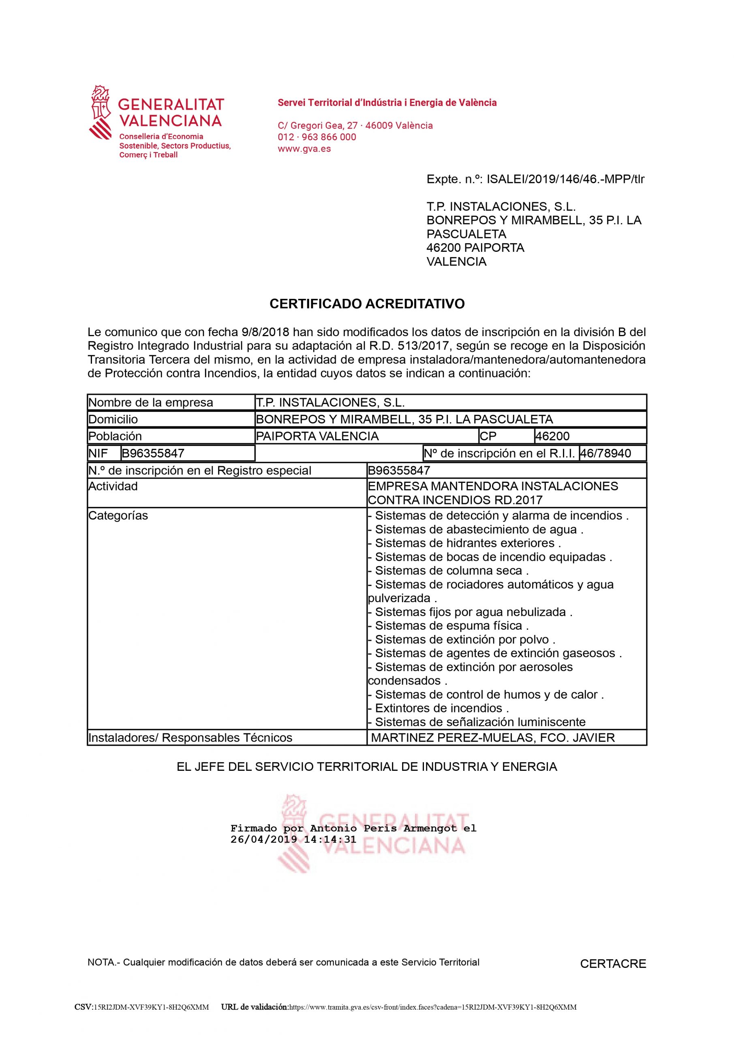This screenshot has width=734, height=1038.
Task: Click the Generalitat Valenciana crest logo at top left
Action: click(101, 112)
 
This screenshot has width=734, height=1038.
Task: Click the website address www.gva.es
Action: click(304, 149)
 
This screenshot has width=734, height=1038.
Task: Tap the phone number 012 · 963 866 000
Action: click(317, 137)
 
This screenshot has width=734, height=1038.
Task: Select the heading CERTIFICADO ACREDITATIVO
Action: click(367, 303)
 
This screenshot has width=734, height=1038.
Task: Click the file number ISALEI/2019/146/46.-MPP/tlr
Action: click(565, 180)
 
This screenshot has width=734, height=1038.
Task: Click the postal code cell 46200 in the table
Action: click(552, 436)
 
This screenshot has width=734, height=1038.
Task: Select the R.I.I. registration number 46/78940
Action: click(606, 453)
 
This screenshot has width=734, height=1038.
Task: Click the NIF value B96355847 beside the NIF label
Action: click(153, 453)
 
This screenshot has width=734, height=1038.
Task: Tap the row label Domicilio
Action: click(113, 420)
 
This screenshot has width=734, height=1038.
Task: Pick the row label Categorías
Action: click(118, 516)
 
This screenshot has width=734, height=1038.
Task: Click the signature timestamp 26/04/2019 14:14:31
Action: click(293, 840)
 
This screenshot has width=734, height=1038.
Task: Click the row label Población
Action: click(115, 436)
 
